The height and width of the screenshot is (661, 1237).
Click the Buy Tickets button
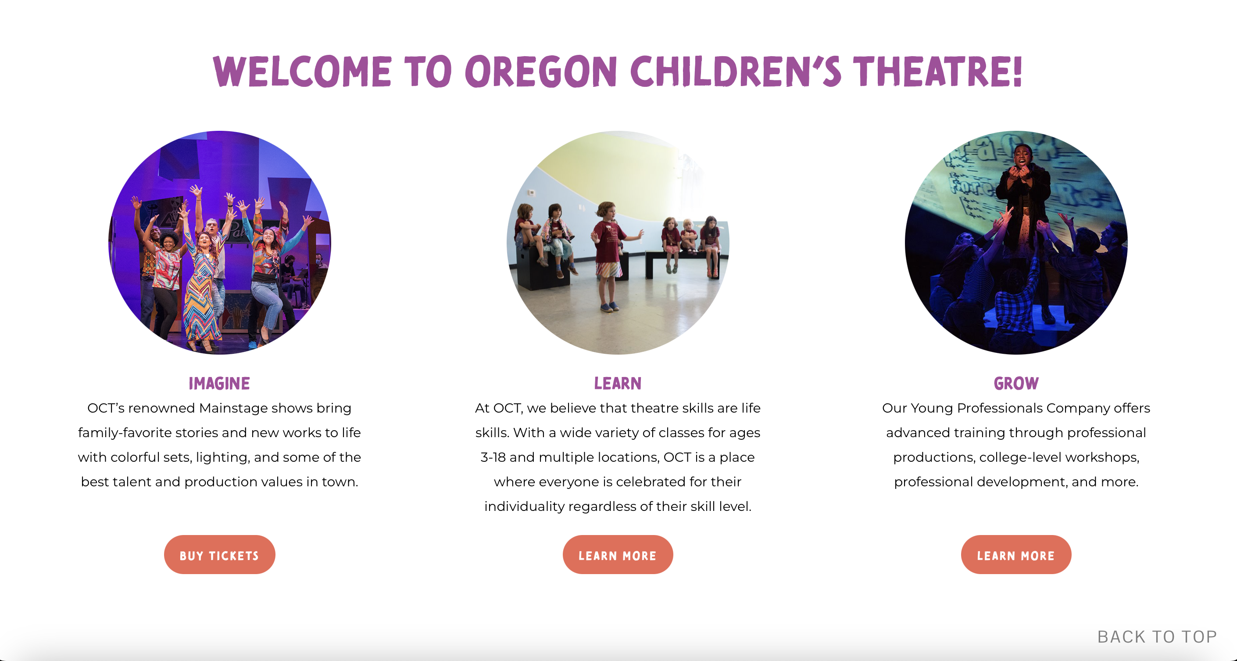point(219,555)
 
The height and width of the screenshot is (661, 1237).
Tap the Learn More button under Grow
point(1016,555)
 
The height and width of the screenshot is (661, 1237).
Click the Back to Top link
point(1157,636)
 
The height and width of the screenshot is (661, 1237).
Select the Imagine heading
point(219,383)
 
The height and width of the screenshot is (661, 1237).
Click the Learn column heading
point(618,383)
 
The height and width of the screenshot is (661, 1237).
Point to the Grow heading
point(1016,383)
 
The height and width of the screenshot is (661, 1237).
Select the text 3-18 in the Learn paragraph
point(493,457)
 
